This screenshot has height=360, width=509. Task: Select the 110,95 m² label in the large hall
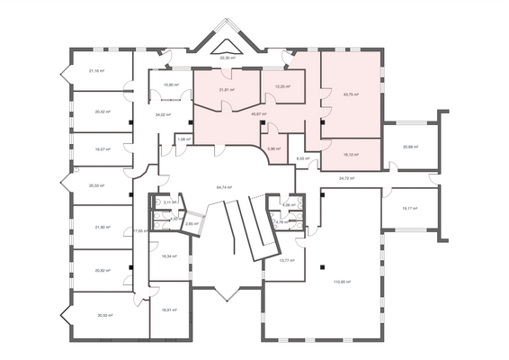pos(342,282)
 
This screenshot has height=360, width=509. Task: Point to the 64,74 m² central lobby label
pos(224,187)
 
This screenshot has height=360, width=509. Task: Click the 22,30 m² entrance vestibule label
pos(228,58)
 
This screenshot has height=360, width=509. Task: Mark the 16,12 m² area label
pos(351,154)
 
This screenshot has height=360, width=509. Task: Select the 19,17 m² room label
pos(409,209)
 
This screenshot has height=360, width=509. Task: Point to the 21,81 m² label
pos(227,90)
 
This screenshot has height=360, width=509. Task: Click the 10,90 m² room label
pos(169,85)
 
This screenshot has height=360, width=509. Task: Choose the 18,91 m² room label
pos(169,310)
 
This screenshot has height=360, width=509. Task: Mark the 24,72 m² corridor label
pos(347,178)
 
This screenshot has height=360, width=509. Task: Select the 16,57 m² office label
pos(102,149)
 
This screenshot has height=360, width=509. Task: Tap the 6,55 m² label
pos(303,158)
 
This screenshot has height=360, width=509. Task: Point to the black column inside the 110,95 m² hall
pos(321,267)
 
